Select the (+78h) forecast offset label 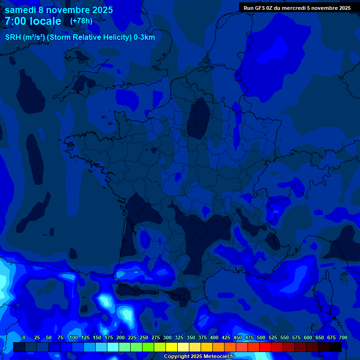click(x=81, y=21)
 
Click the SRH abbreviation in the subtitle click(x=14, y=37)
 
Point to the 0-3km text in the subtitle click(x=144, y=37)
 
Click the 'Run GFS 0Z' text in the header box click(x=258, y=8)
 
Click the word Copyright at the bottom click(x=177, y=357)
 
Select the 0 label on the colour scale click(x=24, y=337)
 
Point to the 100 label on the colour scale click(x=74, y=337)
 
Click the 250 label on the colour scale click(x=144, y=337)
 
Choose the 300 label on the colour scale click(x=167, y=337)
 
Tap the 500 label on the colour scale click(x=261, y=337)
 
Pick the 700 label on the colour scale click(x=343, y=337)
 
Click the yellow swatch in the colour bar click(x=172, y=347)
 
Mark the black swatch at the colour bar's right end click(x=336, y=347)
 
